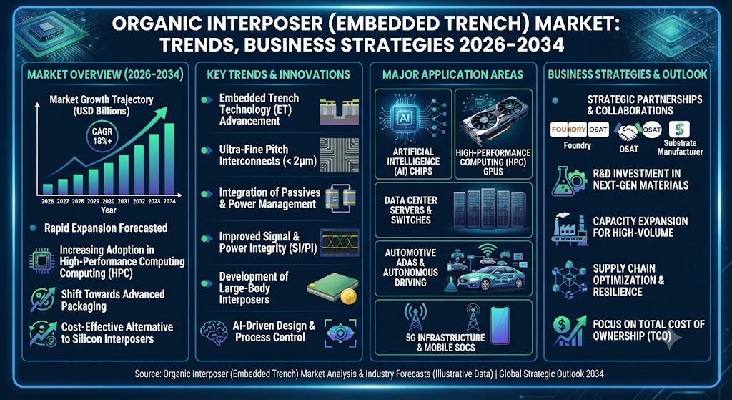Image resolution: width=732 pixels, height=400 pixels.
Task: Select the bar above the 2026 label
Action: [x=48, y=189]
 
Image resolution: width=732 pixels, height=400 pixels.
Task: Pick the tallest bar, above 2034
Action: [x=169, y=158]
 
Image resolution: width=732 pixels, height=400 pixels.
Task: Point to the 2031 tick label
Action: [x=123, y=201]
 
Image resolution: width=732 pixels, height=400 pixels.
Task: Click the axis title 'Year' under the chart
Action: [x=109, y=210]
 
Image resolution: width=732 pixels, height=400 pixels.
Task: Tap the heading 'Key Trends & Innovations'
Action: [x=279, y=74]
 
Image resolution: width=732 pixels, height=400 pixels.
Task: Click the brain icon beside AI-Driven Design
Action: [x=214, y=332]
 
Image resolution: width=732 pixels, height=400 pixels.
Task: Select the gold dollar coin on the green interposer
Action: [x=349, y=296]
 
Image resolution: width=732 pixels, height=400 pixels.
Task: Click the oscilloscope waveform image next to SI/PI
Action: [x=340, y=242]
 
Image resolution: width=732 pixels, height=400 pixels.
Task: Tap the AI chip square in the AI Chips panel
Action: [x=402, y=117]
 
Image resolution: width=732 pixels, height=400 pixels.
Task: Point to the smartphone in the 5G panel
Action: [x=499, y=326]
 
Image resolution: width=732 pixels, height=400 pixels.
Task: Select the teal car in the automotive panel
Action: [x=491, y=278]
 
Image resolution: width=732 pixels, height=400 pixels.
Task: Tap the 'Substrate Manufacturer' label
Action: [x=679, y=147]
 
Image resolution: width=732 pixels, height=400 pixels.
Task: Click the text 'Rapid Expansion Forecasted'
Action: [x=106, y=228]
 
